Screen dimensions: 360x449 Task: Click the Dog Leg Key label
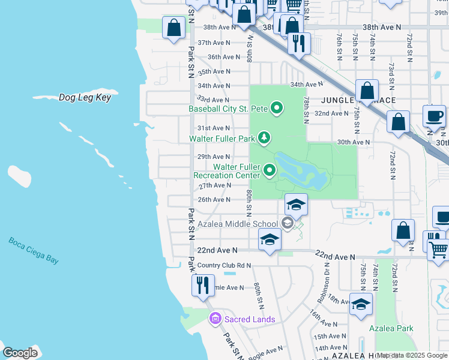tap(85, 97)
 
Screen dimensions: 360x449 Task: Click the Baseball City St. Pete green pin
tap(277, 109)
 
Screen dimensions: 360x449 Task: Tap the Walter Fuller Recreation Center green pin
tap(270, 171)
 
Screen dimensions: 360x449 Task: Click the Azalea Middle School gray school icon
tap(288, 224)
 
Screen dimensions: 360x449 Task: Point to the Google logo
tap(20, 352)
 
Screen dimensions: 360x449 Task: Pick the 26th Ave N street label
tap(214, 200)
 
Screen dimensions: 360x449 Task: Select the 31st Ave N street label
tap(214, 128)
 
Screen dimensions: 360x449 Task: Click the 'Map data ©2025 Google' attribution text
tap(412, 355)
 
